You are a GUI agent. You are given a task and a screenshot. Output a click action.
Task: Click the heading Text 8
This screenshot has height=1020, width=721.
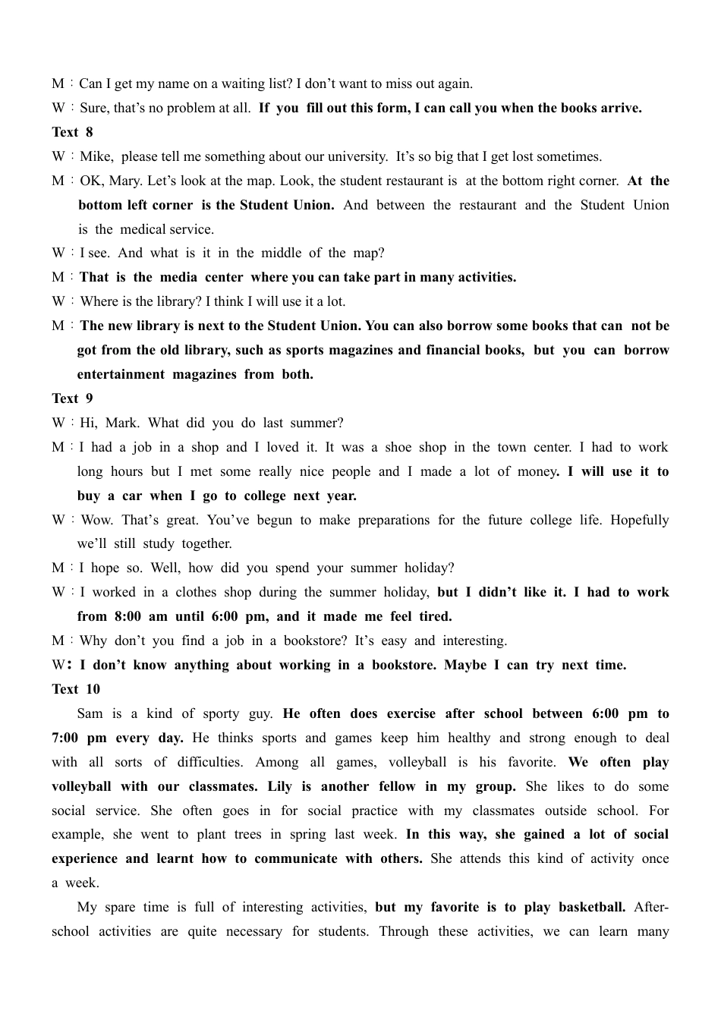click(x=72, y=132)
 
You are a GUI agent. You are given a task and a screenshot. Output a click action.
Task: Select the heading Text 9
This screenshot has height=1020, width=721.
click(x=72, y=398)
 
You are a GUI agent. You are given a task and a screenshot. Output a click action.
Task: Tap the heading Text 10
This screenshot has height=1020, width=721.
click(x=75, y=689)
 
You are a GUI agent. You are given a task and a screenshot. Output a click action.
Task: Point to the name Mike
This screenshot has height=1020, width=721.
click(x=96, y=156)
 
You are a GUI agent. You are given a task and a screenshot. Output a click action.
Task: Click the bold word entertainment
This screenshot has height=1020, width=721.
click(x=121, y=374)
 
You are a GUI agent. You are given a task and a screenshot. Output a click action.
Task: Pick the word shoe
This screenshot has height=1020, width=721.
click(x=398, y=447)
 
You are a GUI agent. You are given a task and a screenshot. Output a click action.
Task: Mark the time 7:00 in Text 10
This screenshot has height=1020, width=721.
click(x=68, y=738)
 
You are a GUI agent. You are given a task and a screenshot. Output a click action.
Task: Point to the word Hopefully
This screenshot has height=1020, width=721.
click(x=639, y=520)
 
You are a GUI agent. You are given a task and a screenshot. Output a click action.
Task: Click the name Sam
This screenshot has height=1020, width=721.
click(x=90, y=713)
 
